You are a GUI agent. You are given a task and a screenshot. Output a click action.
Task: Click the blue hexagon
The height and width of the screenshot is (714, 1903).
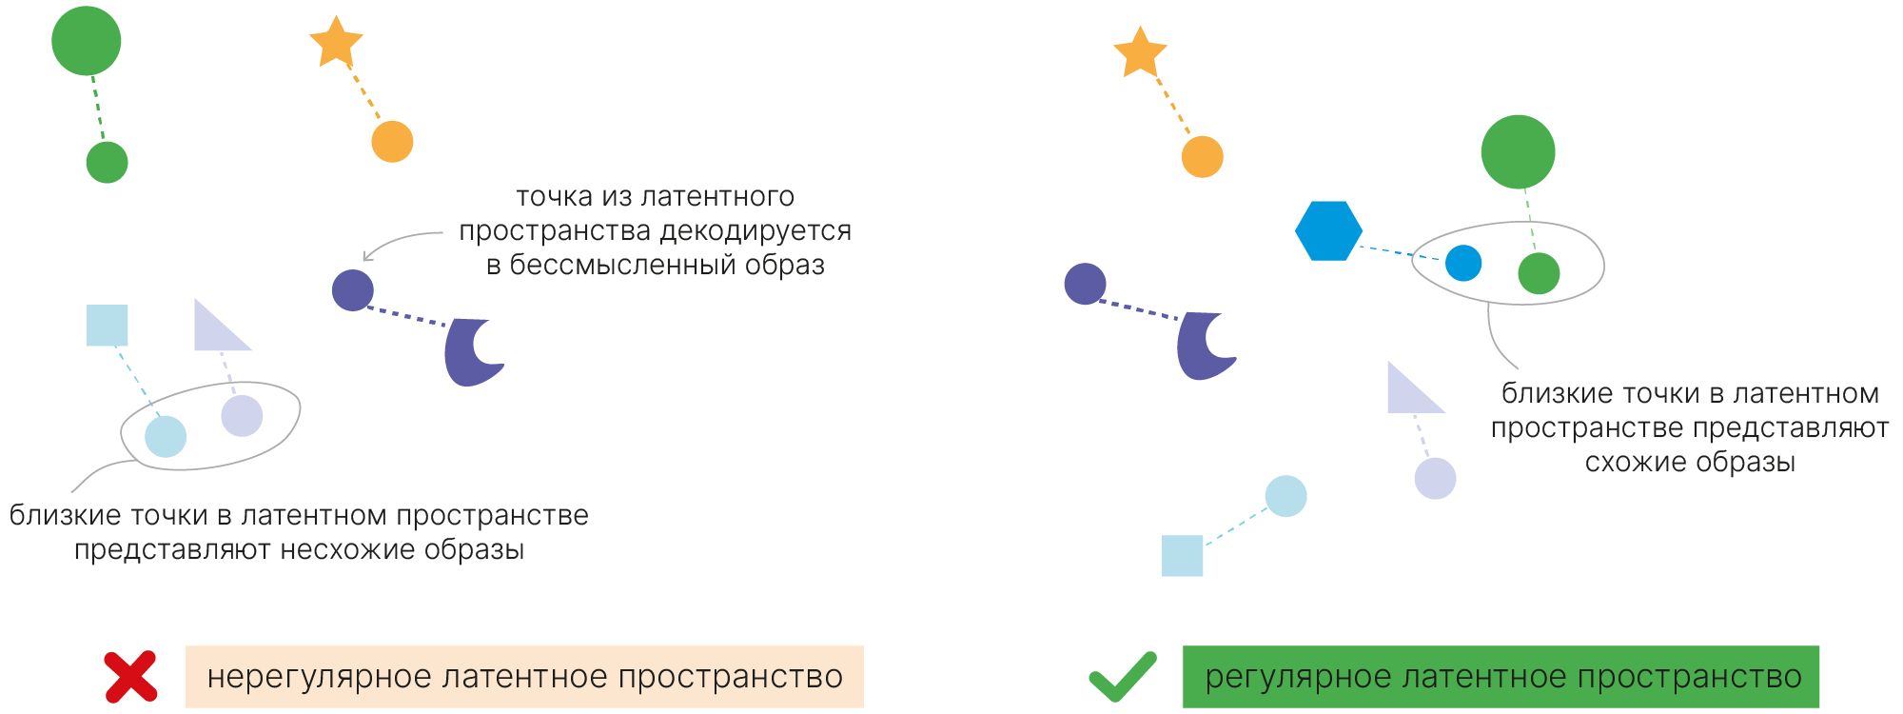[1328, 230]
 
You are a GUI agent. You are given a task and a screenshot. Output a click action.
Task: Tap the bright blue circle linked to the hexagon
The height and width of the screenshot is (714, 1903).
[1462, 263]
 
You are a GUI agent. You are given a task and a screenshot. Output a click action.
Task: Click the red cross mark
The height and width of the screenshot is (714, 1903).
[130, 677]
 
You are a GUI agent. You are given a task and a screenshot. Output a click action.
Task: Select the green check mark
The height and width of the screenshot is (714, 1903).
[1123, 676]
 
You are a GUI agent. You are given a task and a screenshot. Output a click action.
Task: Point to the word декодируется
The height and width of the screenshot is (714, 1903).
[755, 230]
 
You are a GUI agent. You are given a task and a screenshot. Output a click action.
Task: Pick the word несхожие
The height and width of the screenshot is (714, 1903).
[347, 550]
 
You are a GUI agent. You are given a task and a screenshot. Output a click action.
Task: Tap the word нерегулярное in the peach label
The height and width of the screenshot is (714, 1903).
[320, 677]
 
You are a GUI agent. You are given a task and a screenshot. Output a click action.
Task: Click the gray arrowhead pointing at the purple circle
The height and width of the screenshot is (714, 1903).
[367, 257]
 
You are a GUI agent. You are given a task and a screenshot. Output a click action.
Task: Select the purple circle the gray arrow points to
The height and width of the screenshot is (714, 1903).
[352, 290]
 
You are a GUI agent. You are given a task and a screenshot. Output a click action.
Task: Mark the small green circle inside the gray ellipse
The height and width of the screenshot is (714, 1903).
[1539, 274]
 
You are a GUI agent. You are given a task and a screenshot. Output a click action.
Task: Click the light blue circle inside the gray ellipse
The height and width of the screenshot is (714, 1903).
[166, 437]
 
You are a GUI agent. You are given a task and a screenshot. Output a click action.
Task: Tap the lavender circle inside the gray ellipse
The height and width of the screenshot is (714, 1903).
[242, 416]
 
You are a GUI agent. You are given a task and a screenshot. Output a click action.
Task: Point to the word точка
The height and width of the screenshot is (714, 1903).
[555, 197]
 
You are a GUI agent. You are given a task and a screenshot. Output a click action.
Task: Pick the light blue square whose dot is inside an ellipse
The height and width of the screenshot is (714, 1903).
[108, 326]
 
